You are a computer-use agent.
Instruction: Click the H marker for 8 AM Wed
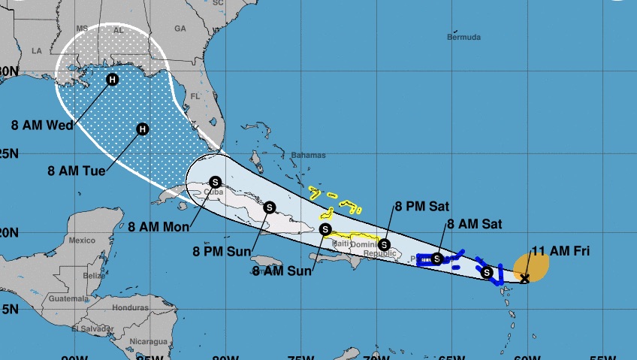(112, 80)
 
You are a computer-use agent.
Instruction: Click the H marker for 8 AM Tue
(142, 129)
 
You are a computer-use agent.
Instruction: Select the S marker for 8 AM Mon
(216, 182)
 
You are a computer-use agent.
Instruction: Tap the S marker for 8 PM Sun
(270, 206)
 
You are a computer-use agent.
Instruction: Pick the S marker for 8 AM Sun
(325, 229)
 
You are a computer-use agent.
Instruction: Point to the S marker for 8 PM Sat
(384, 244)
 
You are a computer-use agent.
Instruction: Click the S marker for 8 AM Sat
(436, 259)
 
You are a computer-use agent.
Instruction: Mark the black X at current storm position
(525, 278)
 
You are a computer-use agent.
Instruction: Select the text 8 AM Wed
(43, 125)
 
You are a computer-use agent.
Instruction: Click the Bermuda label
(463, 36)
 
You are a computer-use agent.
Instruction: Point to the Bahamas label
(308, 155)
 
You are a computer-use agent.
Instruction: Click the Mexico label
(82, 241)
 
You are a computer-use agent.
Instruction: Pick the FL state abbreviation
(195, 96)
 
